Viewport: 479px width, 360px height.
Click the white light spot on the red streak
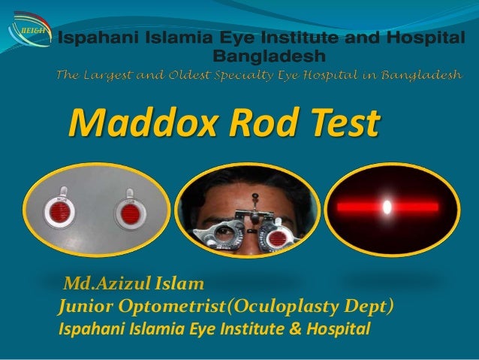coord(388,204)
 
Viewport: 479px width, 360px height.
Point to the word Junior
coord(90,307)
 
